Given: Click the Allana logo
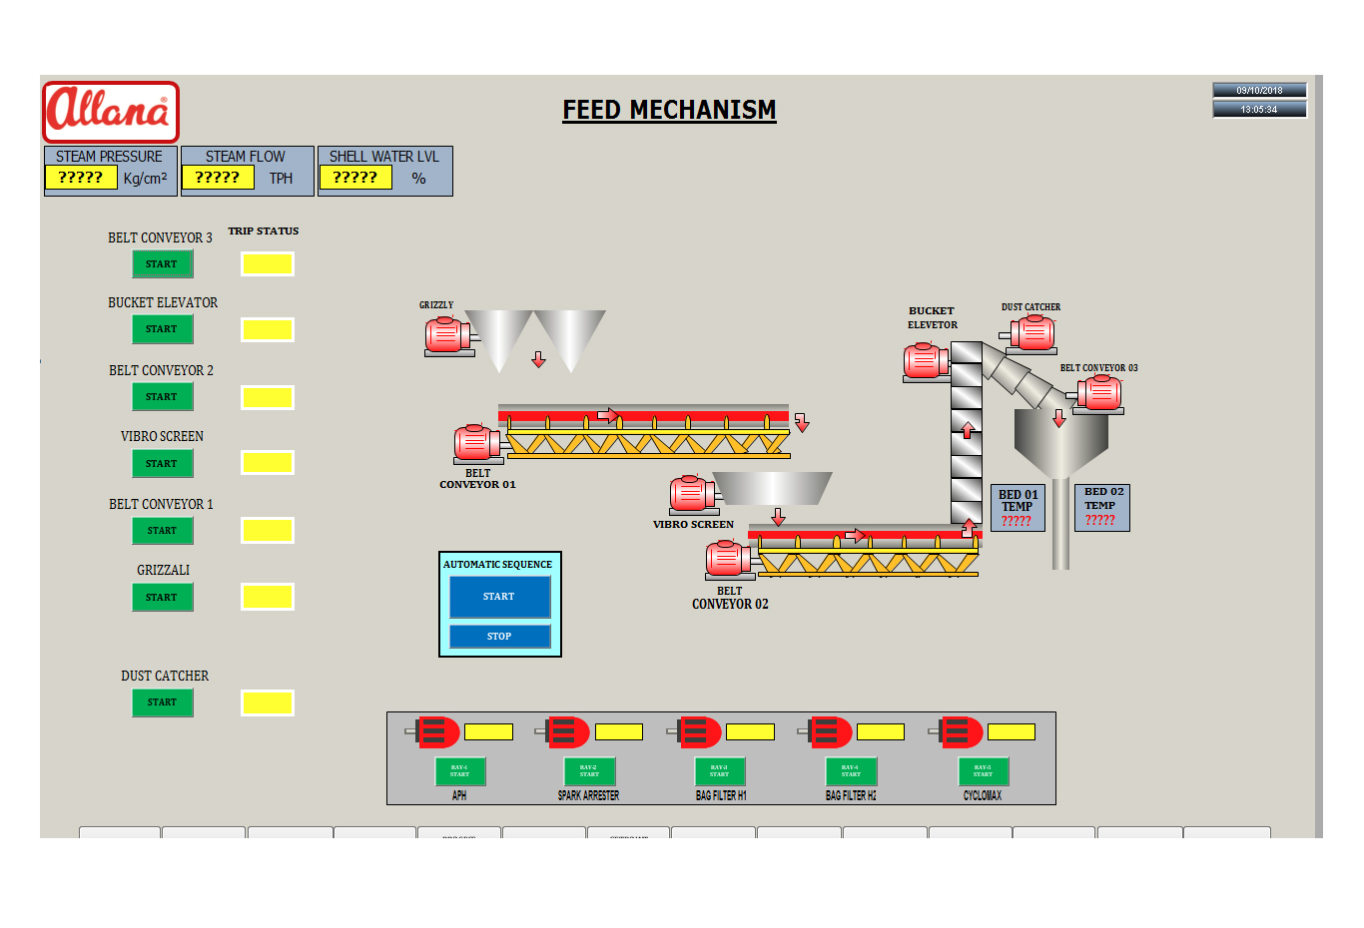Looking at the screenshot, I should click(111, 112).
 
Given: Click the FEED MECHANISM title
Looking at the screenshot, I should click(669, 110).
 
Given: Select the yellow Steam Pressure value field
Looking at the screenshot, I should click(81, 178).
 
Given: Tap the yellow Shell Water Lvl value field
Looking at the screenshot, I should click(355, 178).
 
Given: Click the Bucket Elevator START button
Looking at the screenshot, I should click(162, 329).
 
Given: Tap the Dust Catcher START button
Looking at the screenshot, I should click(162, 702).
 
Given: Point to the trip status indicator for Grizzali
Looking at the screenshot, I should click(268, 597).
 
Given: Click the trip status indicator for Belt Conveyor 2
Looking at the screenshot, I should click(268, 397).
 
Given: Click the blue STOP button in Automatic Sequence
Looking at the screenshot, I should click(499, 636).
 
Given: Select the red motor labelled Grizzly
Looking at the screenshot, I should click(447, 335).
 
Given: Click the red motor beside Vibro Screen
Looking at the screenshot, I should click(691, 494).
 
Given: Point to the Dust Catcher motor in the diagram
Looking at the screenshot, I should click(1032, 333).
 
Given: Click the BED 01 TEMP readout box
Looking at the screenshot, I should click(1018, 507).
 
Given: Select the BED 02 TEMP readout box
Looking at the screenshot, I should click(1102, 506).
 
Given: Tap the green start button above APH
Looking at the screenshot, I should click(459, 771).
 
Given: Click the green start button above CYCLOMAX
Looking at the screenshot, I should click(984, 771).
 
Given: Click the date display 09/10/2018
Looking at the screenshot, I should click(1259, 90).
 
